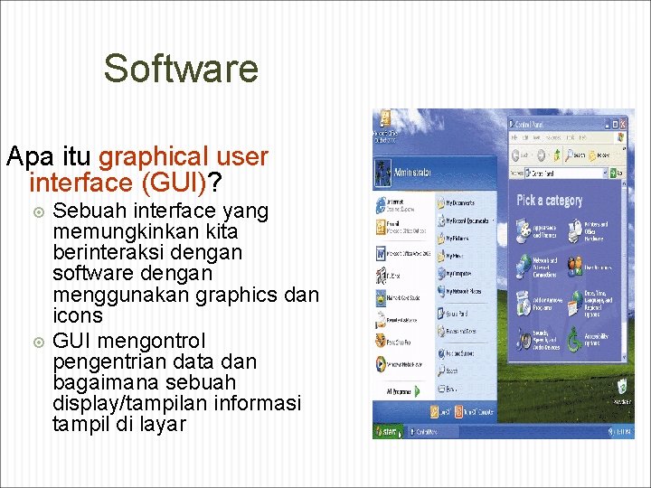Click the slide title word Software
181,69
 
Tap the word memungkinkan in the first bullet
145,232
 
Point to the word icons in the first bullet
78,316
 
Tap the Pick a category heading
550,200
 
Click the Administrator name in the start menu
412,172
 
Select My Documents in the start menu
463,204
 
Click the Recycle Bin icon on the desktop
623,390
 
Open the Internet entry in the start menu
398,203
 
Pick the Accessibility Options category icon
575,339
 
